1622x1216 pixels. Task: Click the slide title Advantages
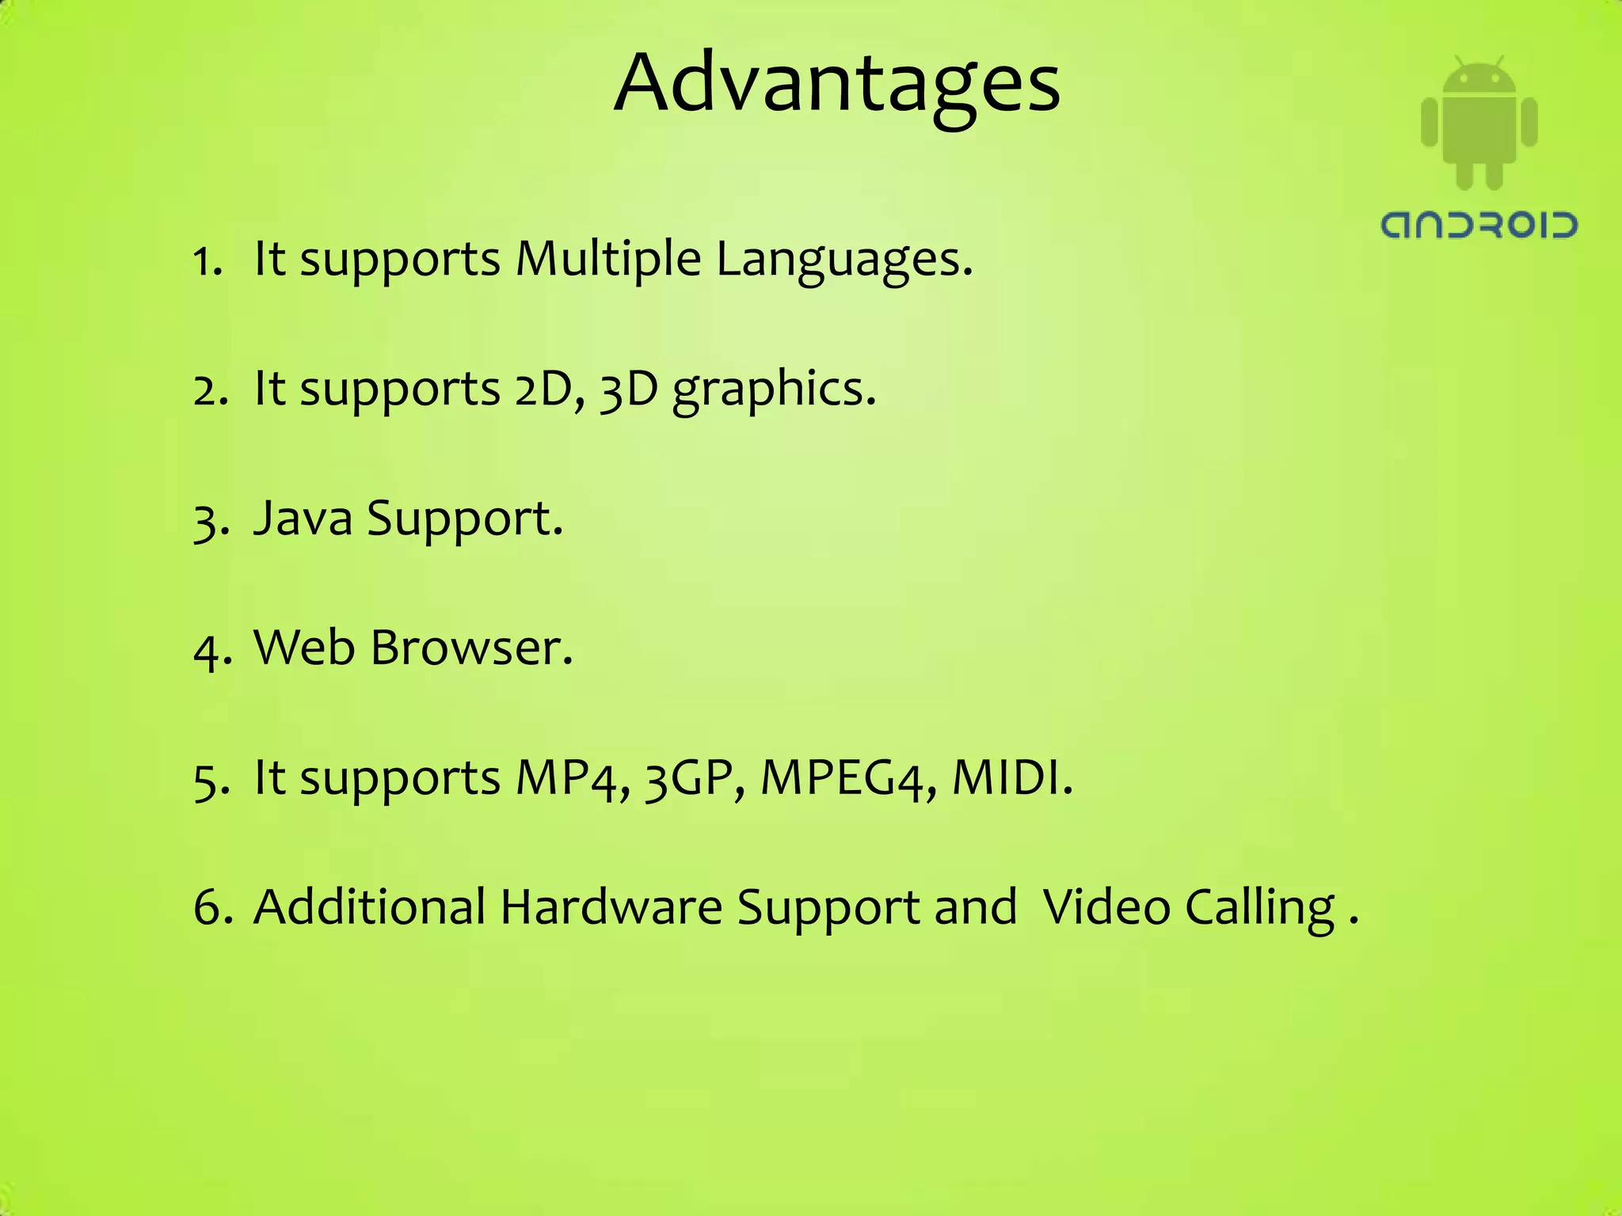(836, 84)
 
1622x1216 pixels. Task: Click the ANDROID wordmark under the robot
(1479, 225)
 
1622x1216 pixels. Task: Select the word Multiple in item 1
(607, 259)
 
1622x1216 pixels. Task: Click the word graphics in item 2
(774, 389)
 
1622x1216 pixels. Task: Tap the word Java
(303, 519)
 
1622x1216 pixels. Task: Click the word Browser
(471, 648)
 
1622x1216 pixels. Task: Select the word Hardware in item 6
(611, 906)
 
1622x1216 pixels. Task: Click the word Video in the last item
(1106, 906)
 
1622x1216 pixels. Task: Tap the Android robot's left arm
(1429, 122)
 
